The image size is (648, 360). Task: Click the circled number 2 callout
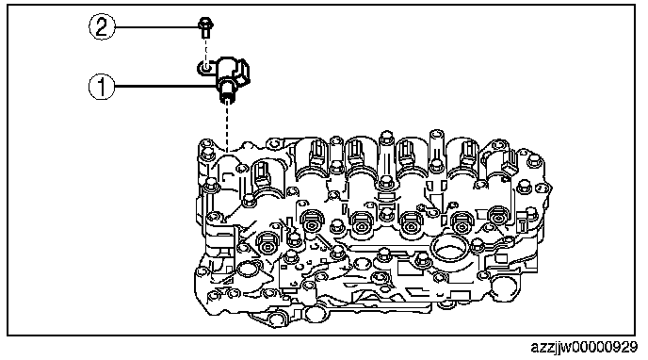[x=102, y=27]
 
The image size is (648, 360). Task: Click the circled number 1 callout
[x=102, y=87]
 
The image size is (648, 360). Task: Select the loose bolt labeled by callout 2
[x=205, y=27]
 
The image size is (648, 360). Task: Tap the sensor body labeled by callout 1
[x=225, y=77]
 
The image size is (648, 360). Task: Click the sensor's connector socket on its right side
[x=244, y=73]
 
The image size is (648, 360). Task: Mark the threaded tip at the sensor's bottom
[x=226, y=99]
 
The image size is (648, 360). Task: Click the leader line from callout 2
[x=157, y=27]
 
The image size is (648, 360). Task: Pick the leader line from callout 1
[x=167, y=87]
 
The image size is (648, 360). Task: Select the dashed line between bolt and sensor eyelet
[x=205, y=50]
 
